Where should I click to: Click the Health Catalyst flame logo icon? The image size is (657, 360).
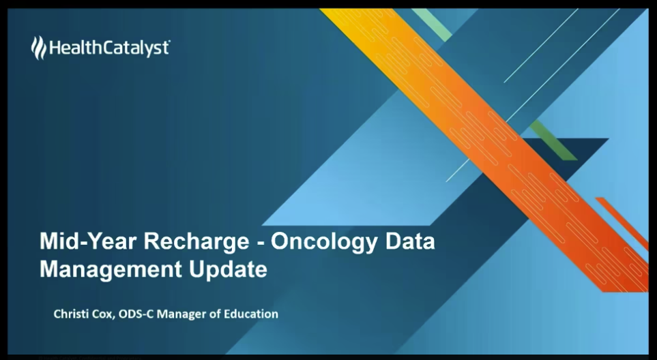[x=39, y=47]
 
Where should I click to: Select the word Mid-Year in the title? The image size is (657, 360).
[x=89, y=242]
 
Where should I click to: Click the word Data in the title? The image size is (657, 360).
[x=410, y=241]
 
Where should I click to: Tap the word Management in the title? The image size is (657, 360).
[x=111, y=270]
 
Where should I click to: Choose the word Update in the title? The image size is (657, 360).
[x=228, y=270]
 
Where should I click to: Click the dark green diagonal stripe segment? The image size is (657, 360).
[x=553, y=140]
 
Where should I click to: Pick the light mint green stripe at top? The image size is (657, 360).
[x=432, y=25]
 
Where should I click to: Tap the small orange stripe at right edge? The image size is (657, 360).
[x=622, y=222]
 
